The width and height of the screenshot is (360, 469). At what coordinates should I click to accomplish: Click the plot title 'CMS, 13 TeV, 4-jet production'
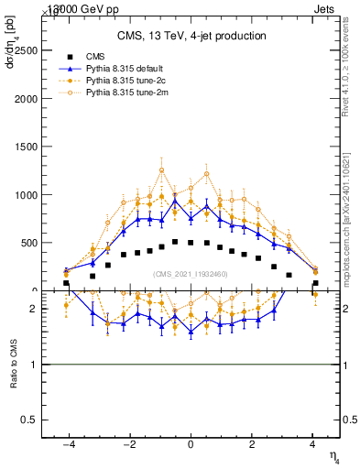[x=191, y=36]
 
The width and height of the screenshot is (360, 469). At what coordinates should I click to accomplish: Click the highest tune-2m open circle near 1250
[x=161, y=169]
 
